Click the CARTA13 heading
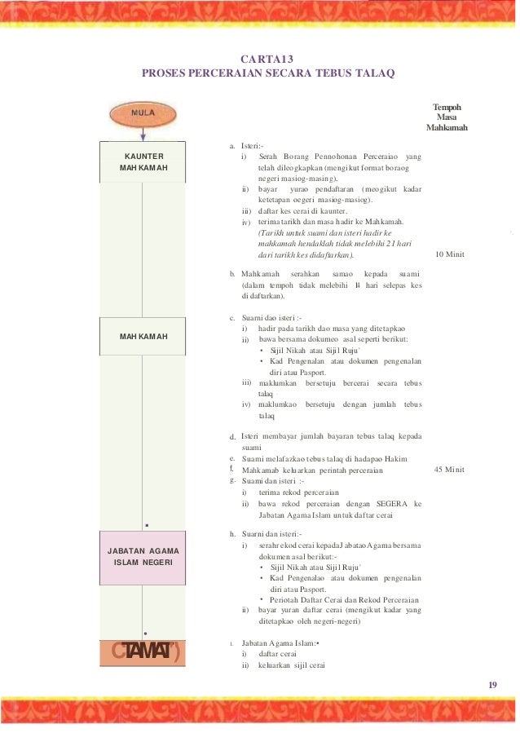[x=268, y=59]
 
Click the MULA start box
[x=143, y=111]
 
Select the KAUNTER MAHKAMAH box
[x=143, y=161]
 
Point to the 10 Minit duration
[x=450, y=254]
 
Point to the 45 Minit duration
[x=450, y=470]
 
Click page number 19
[x=493, y=684]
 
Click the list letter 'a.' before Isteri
[x=233, y=144]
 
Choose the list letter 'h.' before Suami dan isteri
[x=234, y=532]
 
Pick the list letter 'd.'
[x=233, y=437]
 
